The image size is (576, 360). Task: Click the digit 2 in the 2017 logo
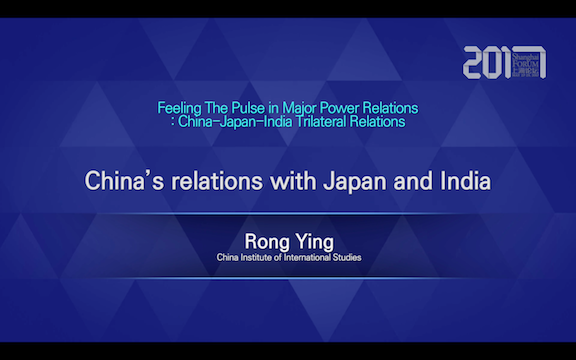click(475, 64)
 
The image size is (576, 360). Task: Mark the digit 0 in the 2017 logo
click(498, 64)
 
